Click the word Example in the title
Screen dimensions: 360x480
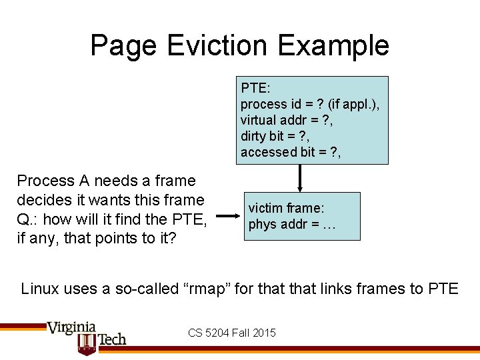[334, 45]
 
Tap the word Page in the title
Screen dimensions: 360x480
[124, 45]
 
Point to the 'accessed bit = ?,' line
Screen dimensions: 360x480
[291, 152]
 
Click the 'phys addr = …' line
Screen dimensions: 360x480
[292, 224]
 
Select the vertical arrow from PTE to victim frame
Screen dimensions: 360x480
[301, 178]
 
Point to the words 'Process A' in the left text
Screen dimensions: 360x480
[53, 181]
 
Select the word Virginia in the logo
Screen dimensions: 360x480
[71, 327]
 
